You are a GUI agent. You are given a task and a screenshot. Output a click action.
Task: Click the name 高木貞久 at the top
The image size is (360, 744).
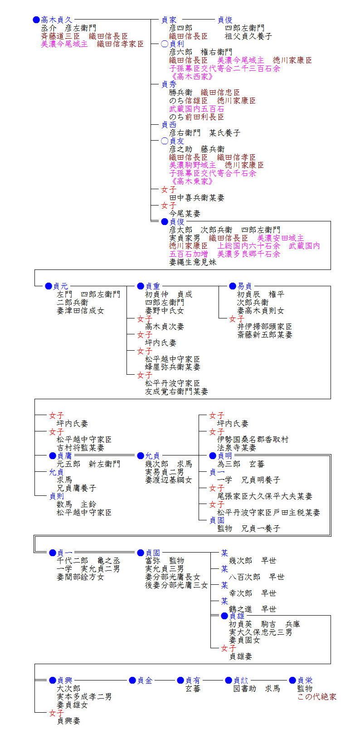coord(56,20)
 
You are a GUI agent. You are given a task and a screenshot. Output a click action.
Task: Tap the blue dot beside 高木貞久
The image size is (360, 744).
coord(36,20)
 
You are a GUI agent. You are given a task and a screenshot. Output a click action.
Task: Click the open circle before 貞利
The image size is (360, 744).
coord(165,44)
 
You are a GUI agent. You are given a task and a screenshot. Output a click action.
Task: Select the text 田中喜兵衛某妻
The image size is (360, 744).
coord(197,197)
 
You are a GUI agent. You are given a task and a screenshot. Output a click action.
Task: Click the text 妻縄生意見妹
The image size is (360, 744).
coord(193,262)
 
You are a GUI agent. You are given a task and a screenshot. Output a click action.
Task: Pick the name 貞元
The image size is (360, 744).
coord(60,286)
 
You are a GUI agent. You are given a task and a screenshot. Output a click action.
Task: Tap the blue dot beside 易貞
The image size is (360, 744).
coord(233,286)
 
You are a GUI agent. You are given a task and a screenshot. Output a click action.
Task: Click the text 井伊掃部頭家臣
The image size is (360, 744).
coord(265,327)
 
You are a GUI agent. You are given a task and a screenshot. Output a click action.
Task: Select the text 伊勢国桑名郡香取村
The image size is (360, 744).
coord(253,440)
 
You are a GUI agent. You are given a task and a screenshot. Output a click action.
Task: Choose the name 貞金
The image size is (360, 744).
coord(145,680)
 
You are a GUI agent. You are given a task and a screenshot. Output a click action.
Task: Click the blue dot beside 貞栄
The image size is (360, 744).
coord(292,680)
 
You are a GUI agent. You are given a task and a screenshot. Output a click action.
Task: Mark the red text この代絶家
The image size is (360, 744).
coord(317,696)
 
